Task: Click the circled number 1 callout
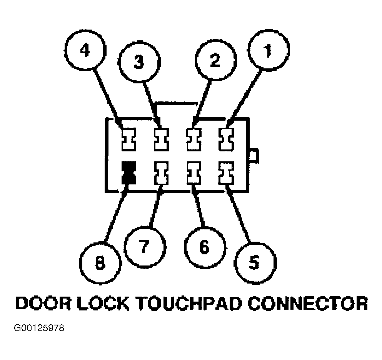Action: pyautogui.click(x=268, y=50)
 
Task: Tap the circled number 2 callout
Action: pyautogui.click(x=215, y=61)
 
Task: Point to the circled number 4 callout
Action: pyautogui.click(x=85, y=51)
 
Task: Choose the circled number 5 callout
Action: pyautogui.click(x=255, y=263)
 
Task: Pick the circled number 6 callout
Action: pyautogui.click(x=205, y=247)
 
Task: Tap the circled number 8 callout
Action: pyautogui.click(x=100, y=263)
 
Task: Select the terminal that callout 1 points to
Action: pyautogui.click(x=227, y=139)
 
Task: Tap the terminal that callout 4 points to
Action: pyautogui.click(x=128, y=139)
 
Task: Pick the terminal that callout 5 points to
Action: pyautogui.click(x=227, y=173)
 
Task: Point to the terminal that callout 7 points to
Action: pyautogui.click(x=161, y=173)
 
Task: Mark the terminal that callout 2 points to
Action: pyautogui.click(x=194, y=139)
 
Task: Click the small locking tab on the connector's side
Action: pyautogui.click(x=254, y=156)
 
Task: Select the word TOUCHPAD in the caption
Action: pyautogui.click(x=189, y=303)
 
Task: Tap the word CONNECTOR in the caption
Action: pyautogui.click(x=308, y=303)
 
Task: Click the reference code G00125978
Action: pyautogui.click(x=39, y=328)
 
